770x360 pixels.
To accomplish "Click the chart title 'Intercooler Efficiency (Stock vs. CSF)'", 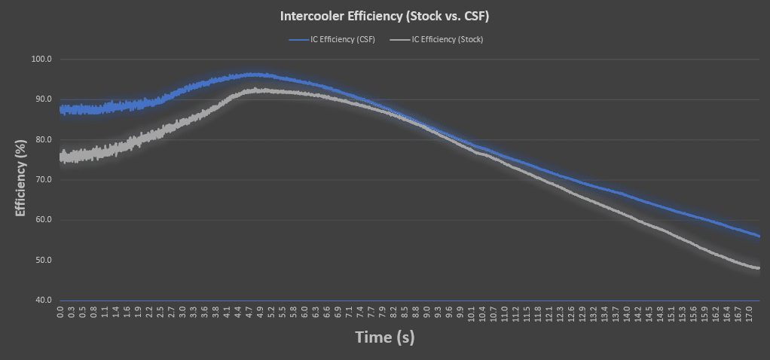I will [x=385, y=15].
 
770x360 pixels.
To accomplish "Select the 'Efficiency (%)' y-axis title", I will [x=20, y=179].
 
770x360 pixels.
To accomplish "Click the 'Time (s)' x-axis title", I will [x=385, y=337].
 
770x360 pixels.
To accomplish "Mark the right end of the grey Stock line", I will [x=759, y=268].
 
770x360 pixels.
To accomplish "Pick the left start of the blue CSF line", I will [x=60, y=110].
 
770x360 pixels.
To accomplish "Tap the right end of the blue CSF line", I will [x=759, y=236].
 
